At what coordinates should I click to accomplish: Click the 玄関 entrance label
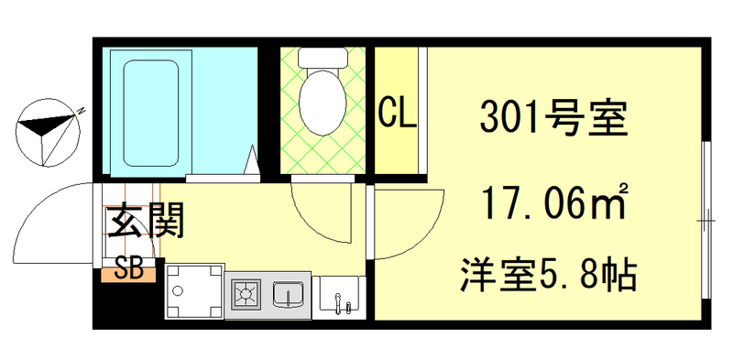[147, 221]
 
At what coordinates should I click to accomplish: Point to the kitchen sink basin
[290, 295]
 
